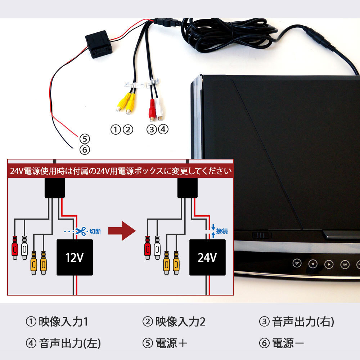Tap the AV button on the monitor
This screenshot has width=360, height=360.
pos(345,264)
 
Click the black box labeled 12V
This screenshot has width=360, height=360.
pos(75,257)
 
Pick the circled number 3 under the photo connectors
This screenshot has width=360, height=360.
pos(152,129)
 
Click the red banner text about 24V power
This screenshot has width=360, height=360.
pos(121,171)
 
